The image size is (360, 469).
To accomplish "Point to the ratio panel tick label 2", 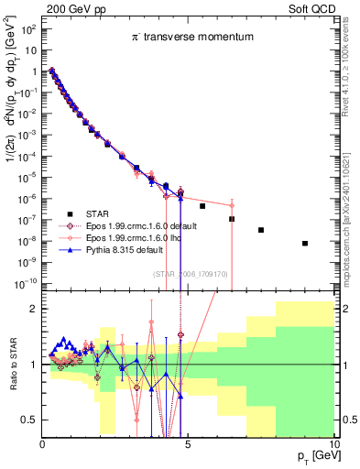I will click(x=31, y=309).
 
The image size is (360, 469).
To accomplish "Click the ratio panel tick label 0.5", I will click(x=27, y=420).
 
